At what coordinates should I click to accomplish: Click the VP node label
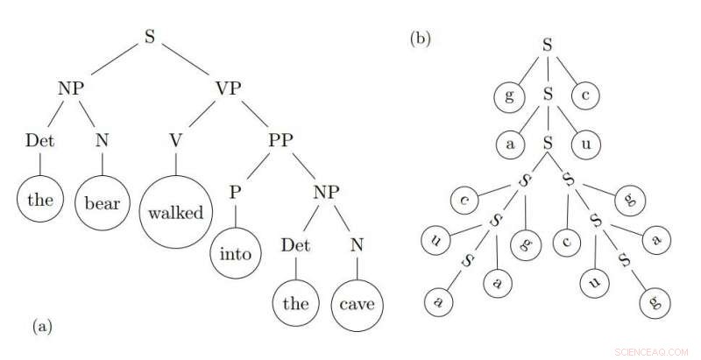point(229,88)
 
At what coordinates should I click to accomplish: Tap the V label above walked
point(176,140)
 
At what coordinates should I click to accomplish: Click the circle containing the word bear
point(102,202)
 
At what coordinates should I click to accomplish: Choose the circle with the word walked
point(175,212)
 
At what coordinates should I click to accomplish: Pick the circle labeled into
point(235,255)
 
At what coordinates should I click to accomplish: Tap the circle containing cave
point(358,304)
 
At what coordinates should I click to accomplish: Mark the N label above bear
point(102,140)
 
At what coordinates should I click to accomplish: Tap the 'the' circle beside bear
point(40,201)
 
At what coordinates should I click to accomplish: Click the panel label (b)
point(419,38)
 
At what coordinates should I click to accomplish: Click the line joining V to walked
point(176,164)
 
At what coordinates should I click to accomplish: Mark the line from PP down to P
point(257,167)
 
